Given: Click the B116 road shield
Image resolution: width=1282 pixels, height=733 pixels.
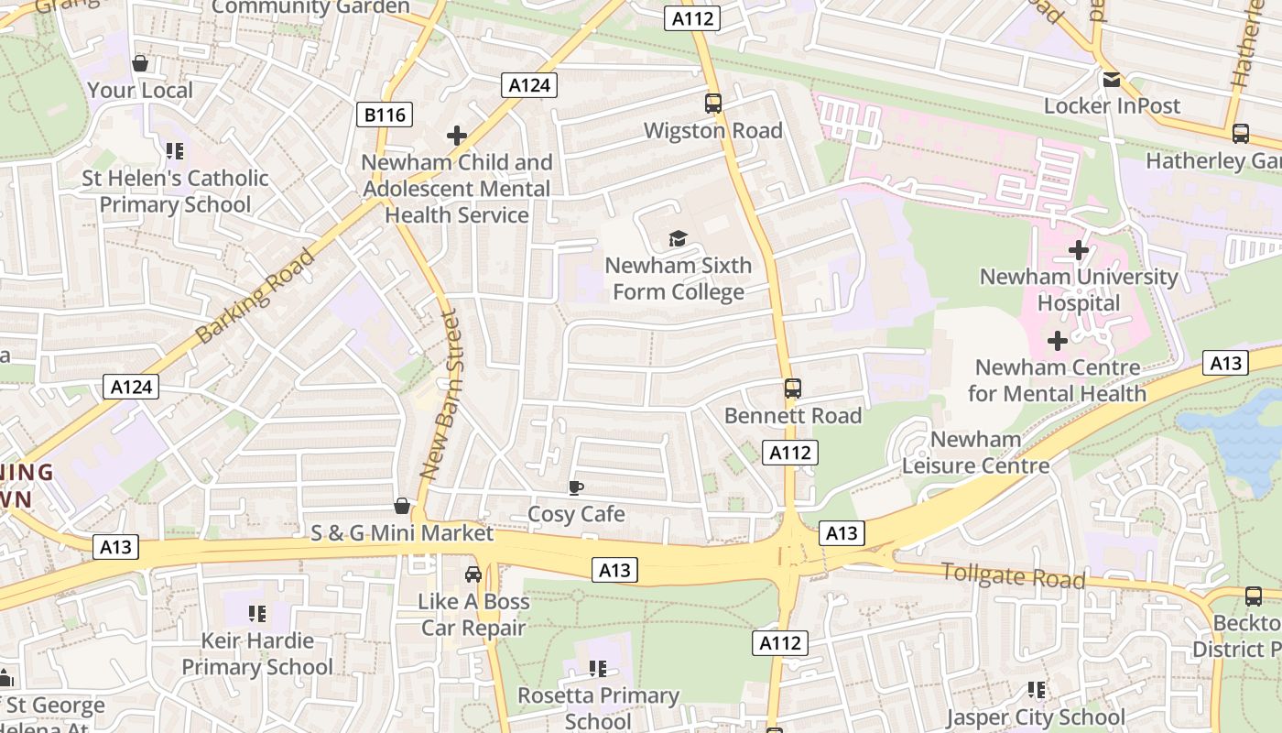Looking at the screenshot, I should [x=384, y=115].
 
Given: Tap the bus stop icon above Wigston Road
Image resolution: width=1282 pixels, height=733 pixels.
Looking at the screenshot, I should [x=713, y=104].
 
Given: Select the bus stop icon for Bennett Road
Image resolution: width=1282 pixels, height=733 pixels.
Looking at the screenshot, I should [x=793, y=388].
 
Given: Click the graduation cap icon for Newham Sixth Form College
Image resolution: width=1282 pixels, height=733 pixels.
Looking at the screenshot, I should [x=678, y=239].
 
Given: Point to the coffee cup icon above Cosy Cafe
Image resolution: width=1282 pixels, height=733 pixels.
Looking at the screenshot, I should [x=575, y=487].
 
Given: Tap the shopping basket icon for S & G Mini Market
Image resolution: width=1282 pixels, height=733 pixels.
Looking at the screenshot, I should [x=401, y=506].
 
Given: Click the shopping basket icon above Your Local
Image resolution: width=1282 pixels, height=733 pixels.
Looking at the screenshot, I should [x=140, y=63].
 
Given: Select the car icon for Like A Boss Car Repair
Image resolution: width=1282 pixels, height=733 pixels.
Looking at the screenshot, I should [x=473, y=574].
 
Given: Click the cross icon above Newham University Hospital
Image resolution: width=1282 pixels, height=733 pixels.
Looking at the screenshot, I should [x=1079, y=249].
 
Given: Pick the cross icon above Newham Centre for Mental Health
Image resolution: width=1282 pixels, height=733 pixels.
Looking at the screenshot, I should [x=1058, y=341].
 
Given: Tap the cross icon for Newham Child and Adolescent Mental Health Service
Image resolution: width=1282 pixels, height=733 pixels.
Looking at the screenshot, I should [x=456, y=137].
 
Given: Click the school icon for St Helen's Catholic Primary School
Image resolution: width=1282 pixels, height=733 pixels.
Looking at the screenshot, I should [x=175, y=151].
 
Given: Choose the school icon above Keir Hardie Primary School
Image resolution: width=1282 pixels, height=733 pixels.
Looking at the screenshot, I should [x=257, y=613].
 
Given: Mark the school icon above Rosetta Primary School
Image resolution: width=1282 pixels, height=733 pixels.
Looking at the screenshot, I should [x=598, y=669].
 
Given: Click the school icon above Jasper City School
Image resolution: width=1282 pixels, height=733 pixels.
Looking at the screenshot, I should [x=1036, y=690].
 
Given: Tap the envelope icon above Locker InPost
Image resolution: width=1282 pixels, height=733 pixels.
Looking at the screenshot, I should [x=1112, y=80].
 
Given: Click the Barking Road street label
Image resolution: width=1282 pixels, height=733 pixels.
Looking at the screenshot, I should [x=255, y=296].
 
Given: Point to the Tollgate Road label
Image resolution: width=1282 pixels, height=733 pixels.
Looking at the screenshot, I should [x=1013, y=576].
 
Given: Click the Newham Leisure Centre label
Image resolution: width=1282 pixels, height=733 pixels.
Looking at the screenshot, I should [x=975, y=453].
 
